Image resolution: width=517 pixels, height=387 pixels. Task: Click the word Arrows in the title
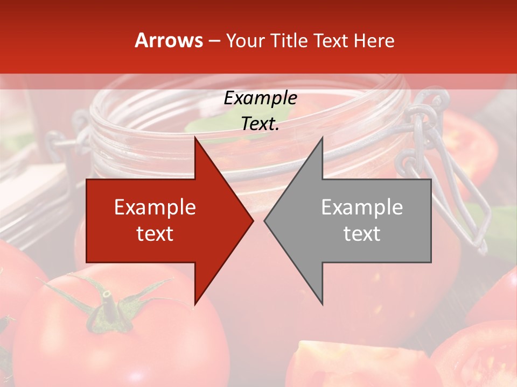pyautogui.click(x=169, y=40)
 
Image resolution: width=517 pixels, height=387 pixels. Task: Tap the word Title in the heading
pyautogui.click(x=290, y=41)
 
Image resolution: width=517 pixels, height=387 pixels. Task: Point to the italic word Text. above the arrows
pyautogui.click(x=260, y=124)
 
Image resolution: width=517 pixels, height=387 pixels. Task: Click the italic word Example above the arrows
pyautogui.click(x=260, y=98)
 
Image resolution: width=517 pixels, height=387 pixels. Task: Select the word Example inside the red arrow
pyautogui.click(x=155, y=207)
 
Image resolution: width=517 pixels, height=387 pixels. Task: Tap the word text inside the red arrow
pyautogui.click(x=155, y=233)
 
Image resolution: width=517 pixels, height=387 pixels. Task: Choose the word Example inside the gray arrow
pyautogui.click(x=362, y=207)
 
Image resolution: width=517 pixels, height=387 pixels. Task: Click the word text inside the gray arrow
pyautogui.click(x=362, y=233)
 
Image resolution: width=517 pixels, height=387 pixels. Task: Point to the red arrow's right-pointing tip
pyautogui.click(x=251, y=220)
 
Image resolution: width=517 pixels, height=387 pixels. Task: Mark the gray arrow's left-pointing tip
pyautogui.click(x=266, y=220)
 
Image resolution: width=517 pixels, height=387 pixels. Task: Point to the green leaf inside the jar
pyautogui.click(x=205, y=125)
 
